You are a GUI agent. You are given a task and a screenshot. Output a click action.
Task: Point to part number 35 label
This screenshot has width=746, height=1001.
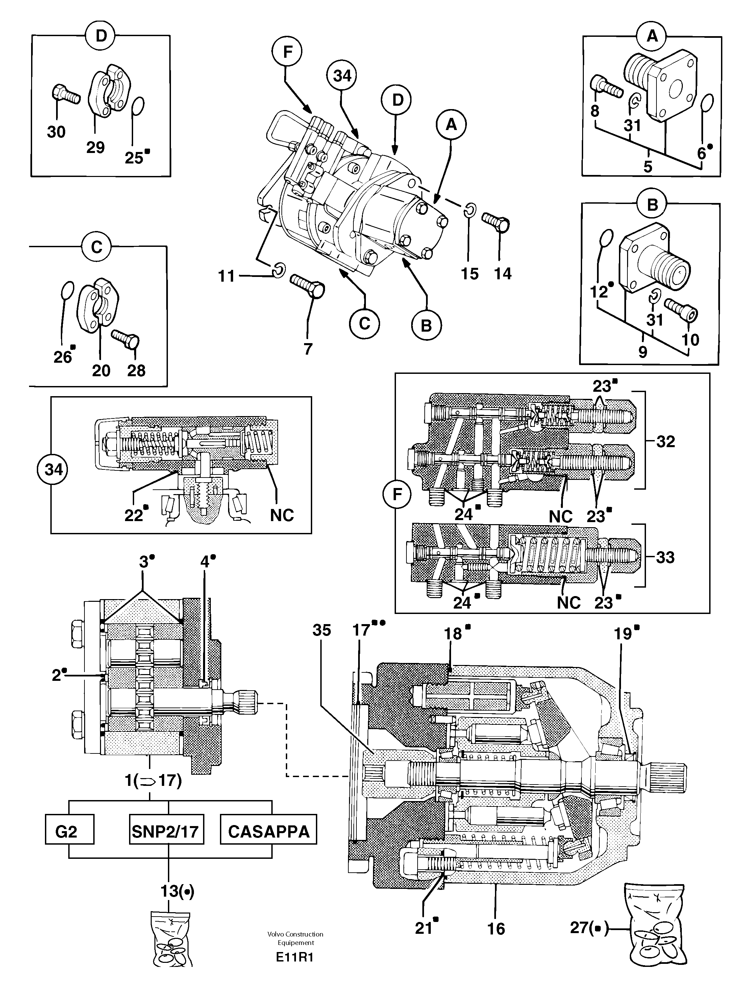322,630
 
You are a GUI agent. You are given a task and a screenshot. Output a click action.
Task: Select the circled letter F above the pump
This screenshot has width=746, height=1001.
287,52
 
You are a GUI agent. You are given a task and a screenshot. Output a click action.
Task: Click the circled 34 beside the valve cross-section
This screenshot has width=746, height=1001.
53,470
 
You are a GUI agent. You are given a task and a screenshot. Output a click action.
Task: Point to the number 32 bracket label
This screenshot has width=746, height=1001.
665,441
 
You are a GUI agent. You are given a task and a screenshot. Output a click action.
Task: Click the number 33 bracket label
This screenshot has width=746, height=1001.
665,557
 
